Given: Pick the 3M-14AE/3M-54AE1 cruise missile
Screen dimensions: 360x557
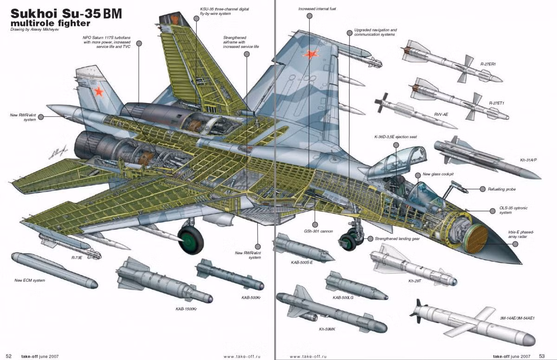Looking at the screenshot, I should click(x=473, y=325).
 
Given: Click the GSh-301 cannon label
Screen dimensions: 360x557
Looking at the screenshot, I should click(x=319, y=231).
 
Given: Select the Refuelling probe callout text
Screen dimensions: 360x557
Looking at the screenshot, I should click(x=502, y=189).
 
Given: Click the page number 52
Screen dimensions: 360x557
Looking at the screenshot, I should click(x=8, y=356).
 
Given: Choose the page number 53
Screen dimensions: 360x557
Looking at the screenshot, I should click(x=542, y=356).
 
